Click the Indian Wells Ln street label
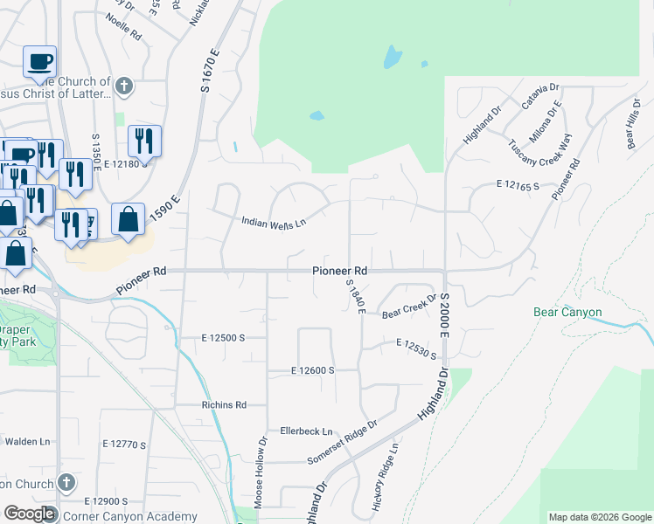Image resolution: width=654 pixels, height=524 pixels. (x=274, y=223)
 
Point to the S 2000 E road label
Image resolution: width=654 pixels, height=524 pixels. (x=444, y=317)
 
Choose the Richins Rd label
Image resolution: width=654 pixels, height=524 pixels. (x=224, y=405)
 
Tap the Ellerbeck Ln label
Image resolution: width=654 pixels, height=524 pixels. (x=307, y=431)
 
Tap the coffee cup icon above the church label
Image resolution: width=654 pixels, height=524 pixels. (x=40, y=62)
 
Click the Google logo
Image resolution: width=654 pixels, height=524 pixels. (x=30, y=514)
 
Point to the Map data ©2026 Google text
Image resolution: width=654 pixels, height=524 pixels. (x=600, y=517)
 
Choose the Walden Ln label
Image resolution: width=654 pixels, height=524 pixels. (x=22, y=442)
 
